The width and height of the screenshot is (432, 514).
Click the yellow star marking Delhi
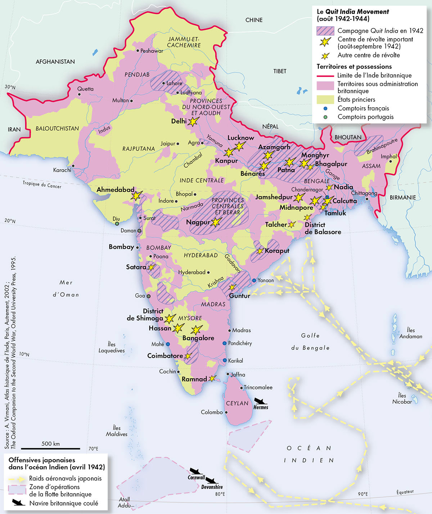coord(193,122)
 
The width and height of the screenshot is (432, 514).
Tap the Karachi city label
coord(62,170)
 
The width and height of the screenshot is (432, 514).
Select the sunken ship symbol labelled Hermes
coord(260,401)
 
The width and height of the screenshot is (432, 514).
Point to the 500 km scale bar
coord(50,448)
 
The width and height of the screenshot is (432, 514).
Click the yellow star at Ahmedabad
coord(136,195)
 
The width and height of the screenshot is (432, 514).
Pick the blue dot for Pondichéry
coord(225,343)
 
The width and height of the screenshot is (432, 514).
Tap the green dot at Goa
coord(148,296)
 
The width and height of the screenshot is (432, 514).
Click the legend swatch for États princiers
coord(325,100)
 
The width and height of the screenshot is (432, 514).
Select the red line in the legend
coord(325,76)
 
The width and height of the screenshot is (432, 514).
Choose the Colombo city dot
coord(226,412)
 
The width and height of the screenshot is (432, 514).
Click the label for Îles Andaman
coord(410,333)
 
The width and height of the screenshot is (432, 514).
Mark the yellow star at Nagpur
coord(215,222)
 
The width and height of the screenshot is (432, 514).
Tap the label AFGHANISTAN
coord(55,62)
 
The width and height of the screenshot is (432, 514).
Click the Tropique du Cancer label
coord(42,184)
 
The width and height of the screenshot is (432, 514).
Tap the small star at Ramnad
coord(212,378)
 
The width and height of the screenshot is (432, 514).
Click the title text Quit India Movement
coord(357,12)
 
